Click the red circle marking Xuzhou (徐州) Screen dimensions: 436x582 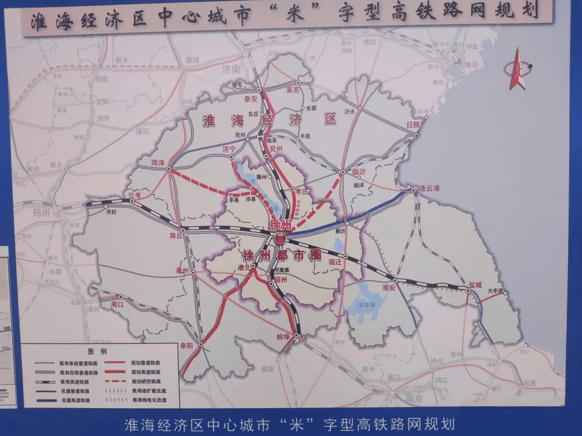(x=280, y=239)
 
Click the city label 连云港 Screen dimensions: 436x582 (x=429, y=188)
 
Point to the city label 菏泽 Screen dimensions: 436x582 (x=158, y=162)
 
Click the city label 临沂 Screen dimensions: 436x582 (x=359, y=171)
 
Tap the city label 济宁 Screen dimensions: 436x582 (x=229, y=148)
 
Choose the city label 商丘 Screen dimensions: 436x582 (x=176, y=236)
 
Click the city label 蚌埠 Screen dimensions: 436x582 (x=285, y=337)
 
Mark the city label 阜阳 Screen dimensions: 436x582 (x=187, y=346)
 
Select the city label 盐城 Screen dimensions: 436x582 (x=475, y=284)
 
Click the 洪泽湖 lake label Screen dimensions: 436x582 (x=368, y=305)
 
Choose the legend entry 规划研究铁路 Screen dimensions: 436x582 (x=145, y=381)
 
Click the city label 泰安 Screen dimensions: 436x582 (x=250, y=98)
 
